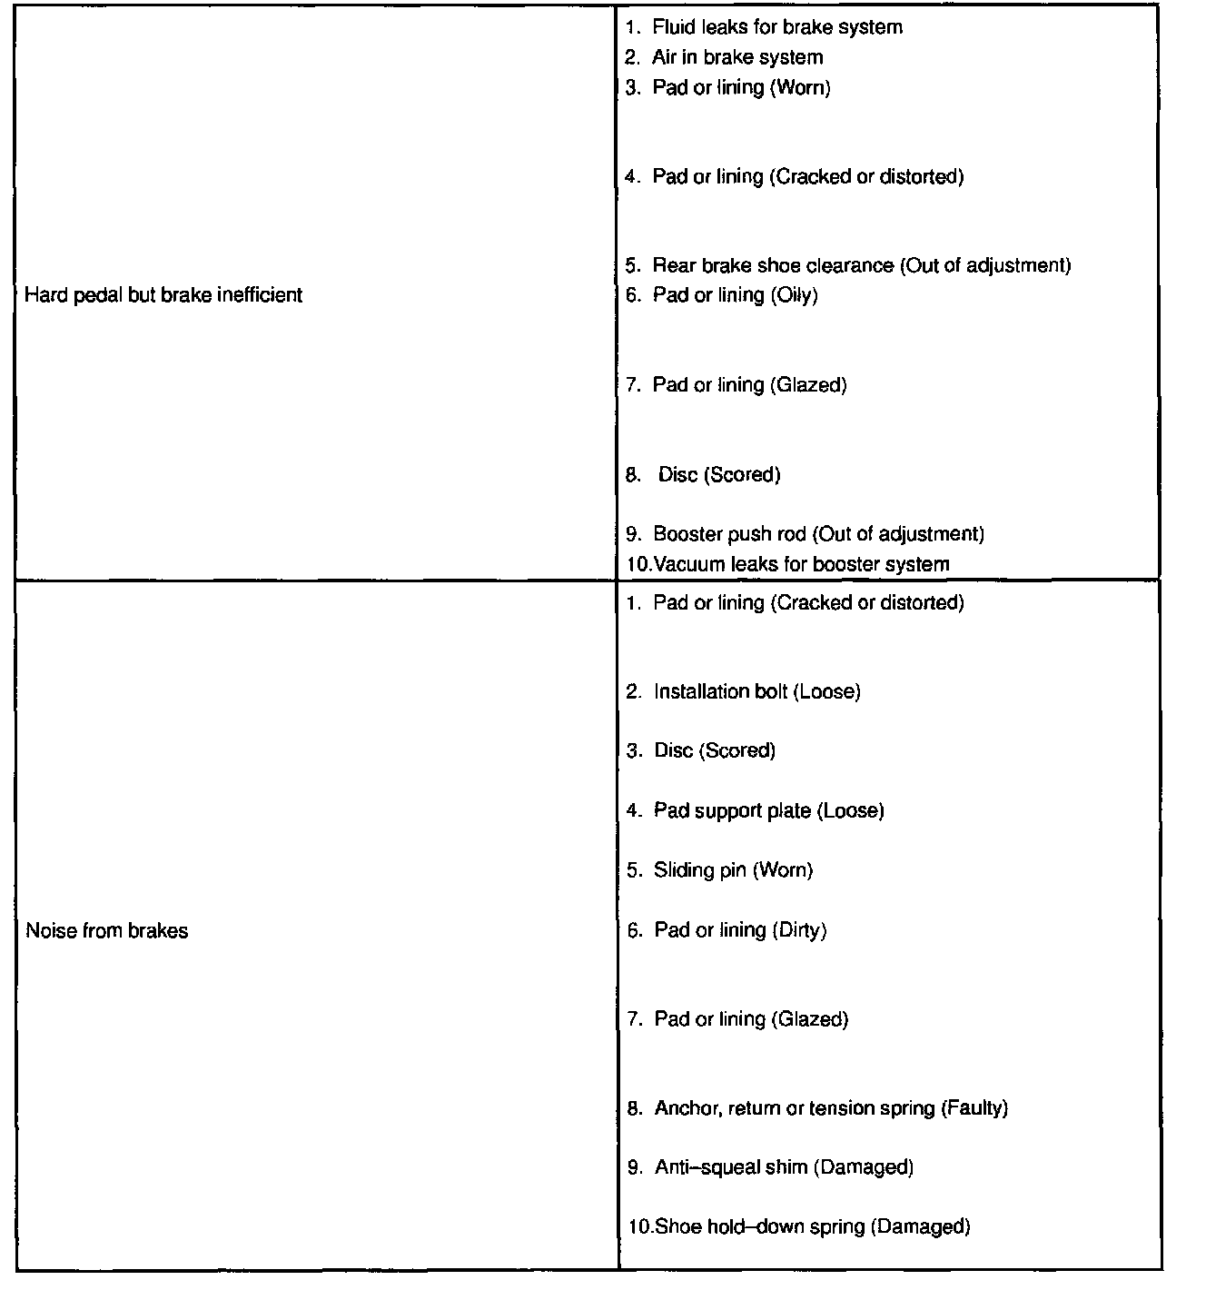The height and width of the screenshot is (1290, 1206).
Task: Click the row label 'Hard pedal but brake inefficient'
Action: click(163, 295)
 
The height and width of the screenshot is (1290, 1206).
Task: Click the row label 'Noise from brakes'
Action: click(107, 931)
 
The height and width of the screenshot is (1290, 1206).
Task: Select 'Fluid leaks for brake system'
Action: click(776, 27)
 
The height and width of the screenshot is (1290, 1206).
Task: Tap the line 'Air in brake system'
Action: click(736, 57)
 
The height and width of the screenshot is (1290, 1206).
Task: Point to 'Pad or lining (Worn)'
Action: click(741, 87)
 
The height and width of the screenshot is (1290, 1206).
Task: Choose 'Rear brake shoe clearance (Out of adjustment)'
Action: click(861, 265)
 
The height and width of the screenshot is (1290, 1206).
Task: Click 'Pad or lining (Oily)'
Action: click(735, 295)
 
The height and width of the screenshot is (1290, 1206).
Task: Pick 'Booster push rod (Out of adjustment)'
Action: click(818, 534)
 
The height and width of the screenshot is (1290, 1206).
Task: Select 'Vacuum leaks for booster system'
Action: click(801, 564)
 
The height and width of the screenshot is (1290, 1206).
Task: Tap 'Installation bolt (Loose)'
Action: click(756, 692)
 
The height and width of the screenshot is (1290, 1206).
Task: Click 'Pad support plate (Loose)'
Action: click(768, 810)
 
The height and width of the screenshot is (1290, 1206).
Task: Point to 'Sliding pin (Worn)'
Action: click(733, 870)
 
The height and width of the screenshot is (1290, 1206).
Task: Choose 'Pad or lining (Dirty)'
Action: click(740, 930)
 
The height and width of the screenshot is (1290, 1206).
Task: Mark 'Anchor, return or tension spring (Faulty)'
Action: click(831, 1108)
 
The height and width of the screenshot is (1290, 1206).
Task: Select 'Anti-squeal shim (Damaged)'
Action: click(784, 1167)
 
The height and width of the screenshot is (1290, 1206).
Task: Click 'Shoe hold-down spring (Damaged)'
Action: click(812, 1227)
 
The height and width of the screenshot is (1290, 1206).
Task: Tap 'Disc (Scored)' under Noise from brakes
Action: click(715, 751)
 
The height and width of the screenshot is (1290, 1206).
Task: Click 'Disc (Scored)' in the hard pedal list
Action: click(719, 475)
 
